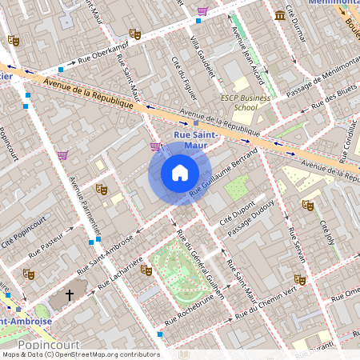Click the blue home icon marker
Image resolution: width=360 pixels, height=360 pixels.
coord(180,173)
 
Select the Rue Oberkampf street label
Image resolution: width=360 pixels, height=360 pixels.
coord(87,62)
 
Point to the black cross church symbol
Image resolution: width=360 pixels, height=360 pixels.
coord(70,295)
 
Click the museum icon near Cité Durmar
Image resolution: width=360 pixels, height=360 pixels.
coord(279,15)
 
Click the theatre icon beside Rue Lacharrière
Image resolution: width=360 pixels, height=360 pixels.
coord(146,270)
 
